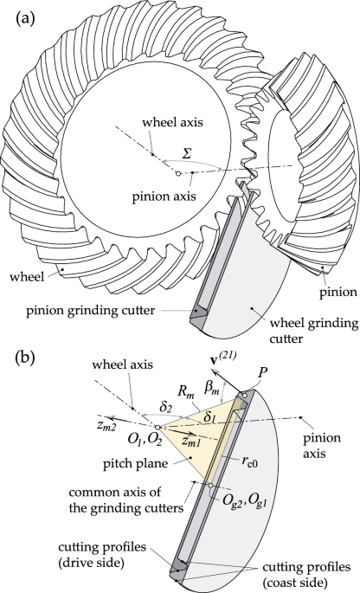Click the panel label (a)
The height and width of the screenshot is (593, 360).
pos(25,18)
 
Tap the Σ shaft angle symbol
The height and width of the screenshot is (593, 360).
pos(186,155)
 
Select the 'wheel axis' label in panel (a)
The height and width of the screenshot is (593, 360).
pos(172,122)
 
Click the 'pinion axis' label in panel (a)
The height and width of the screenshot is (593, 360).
pos(164,197)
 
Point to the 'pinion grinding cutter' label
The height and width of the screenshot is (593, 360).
pos(90,311)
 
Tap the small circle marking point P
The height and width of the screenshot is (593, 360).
pos(245,396)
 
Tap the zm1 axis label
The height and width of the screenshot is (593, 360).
pos(189,440)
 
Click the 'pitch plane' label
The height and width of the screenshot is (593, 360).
pos(135,462)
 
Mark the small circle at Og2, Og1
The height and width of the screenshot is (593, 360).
pos(211,486)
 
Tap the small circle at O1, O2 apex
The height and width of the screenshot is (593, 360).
pos(157,428)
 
